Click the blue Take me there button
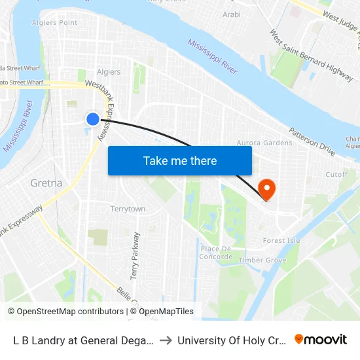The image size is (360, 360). click(x=179, y=160)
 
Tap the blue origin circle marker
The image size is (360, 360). click(x=93, y=118)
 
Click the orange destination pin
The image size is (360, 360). click(x=267, y=190)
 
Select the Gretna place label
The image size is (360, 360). click(x=46, y=183)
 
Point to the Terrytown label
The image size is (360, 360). click(x=128, y=209)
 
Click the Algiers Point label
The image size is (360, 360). click(x=55, y=23)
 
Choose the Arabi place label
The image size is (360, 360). click(x=232, y=14)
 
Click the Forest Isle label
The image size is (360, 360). click(x=281, y=240)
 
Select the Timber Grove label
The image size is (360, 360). click(x=262, y=260)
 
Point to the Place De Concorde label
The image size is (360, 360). click(x=216, y=253)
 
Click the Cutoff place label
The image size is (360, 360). click(x=336, y=175)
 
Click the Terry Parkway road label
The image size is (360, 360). click(x=135, y=256)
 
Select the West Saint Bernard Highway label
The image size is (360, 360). click(x=311, y=56)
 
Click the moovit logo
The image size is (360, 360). click(x=321, y=340)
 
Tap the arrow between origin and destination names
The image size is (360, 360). click(x=166, y=340)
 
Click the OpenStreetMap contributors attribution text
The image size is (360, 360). click(x=65, y=312)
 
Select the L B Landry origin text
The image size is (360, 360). click(x=83, y=340)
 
